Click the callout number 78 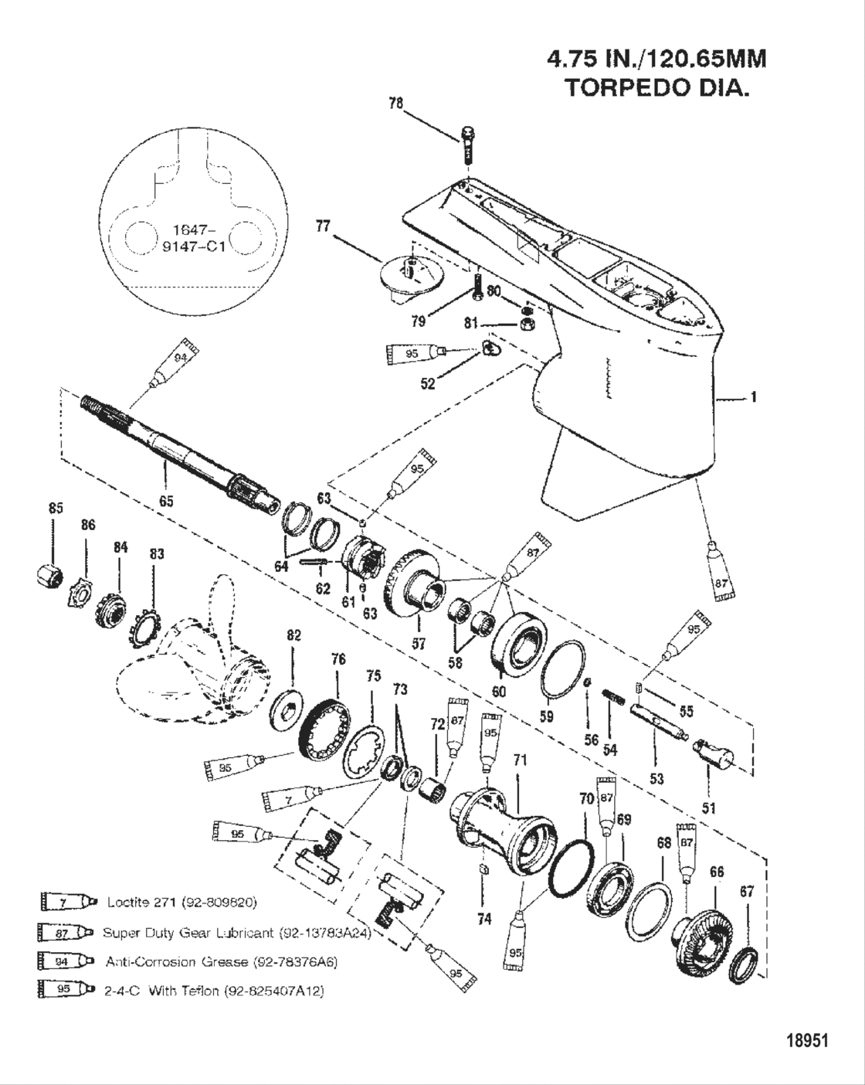(395, 103)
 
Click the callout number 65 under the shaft (166, 501)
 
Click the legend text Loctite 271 (181, 902)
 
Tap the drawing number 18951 (806, 1040)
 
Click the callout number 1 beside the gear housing (753, 398)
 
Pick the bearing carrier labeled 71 (506, 826)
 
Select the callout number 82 (293, 635)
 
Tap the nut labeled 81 (525, 324)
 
